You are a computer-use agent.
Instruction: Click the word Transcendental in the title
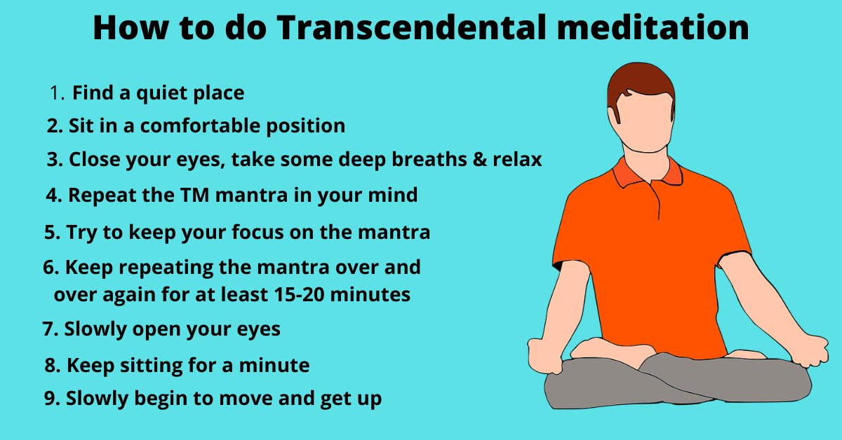click(x=411, y=27)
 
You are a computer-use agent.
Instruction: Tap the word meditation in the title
click(x=653, y=27)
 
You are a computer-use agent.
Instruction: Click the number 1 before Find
click(x=54, y=93)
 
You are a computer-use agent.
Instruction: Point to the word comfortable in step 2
click(x=200, y=125)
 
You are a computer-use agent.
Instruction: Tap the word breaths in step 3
click(x=429, y=159)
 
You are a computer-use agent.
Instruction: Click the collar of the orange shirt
click(x=647, y=172)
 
